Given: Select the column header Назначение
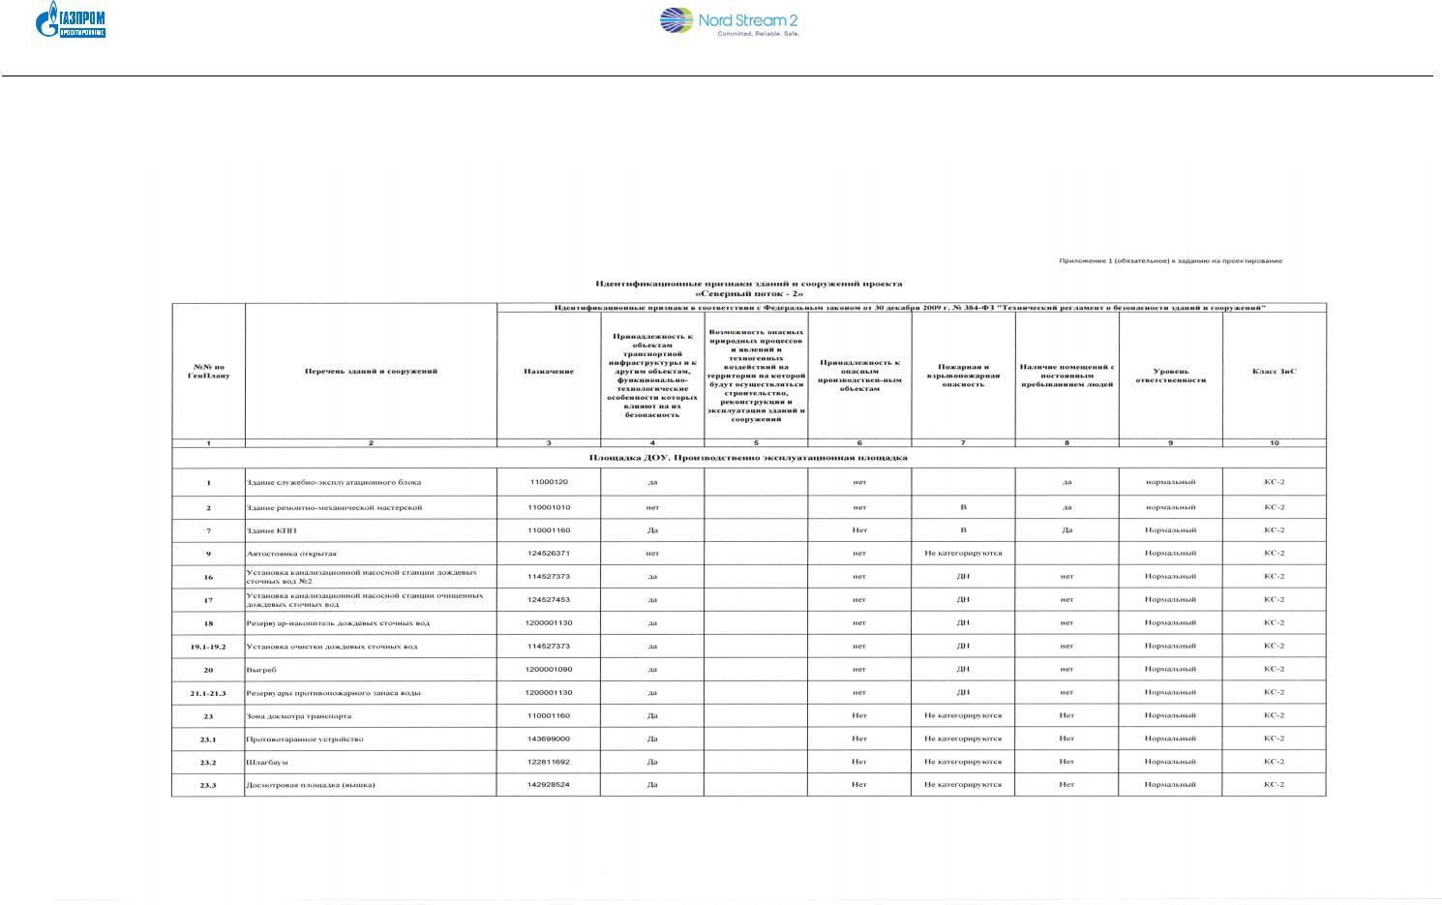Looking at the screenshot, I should pyautogui.click(x=549, y=372).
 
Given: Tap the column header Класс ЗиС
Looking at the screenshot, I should pyautogui.click(x=1274, y=372).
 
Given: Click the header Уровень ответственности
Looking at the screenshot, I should pyautogui.click(x=1170, y=376).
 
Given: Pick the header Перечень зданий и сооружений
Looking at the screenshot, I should pyautogui.click(x=371, y=372).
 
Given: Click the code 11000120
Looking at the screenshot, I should pyautogui.click(x=549, y=482).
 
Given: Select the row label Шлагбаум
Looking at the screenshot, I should pyautogui.click(x=261, y=763).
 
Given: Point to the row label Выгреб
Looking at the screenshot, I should pyautogui.click(x=261, y=670).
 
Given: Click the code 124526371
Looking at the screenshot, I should pyautogui.click(x=549, y=554).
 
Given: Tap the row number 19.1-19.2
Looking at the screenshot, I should pyautogui.click(x=208, y=647).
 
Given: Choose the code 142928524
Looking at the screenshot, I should pyautogui.click(x=549, y=785).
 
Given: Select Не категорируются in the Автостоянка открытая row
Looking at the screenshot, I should pyautogui.click(x=963, y=554).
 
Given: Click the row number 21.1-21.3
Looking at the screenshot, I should pyautogui.click(x=208, y=693).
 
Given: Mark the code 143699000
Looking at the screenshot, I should pyautogui.click(x=549, y=739).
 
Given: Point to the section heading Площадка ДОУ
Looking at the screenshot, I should pyautogui.click(x=748, y=458).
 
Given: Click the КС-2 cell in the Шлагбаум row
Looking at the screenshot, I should pyautogui.click(x=1274, y=763).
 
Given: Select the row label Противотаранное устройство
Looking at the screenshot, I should pyautogui.click(x=305, y=739).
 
